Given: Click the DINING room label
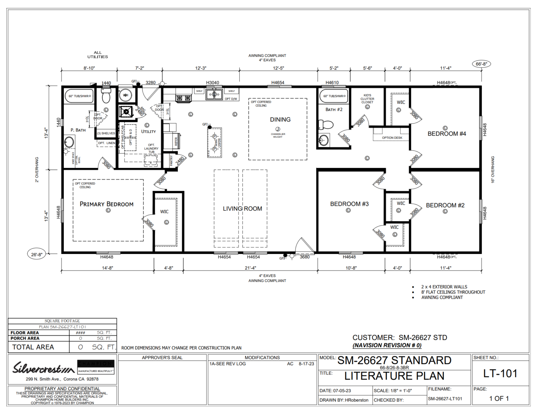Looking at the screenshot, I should coord(280,120).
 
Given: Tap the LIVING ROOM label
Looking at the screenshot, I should coord(242,209).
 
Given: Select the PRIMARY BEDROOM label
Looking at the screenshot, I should coord(106,204).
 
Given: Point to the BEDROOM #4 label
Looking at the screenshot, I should coord(447,134).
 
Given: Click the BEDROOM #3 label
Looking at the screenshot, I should coord(349,204).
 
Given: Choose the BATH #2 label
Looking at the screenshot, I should coord(334,110).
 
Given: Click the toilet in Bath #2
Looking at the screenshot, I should coord(326,125).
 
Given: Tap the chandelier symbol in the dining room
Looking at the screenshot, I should coord(278,129).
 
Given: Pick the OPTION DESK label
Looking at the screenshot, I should coord(392,138).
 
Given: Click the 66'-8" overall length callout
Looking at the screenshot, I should coord(481,64).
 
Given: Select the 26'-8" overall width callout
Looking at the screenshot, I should coord(36,254).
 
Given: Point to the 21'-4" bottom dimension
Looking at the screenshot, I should coord(250,268).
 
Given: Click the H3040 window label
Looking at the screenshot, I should coord(212,83).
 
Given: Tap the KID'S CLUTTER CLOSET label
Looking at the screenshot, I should coord(367,99).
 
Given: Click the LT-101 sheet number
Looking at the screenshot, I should coord(500,374).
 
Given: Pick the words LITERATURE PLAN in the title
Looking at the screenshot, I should coord(394,376).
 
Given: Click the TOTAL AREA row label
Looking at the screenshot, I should coord(33,347).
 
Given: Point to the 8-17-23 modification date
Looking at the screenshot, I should coord(306,364).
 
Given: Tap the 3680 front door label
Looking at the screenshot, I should coord(305,257).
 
